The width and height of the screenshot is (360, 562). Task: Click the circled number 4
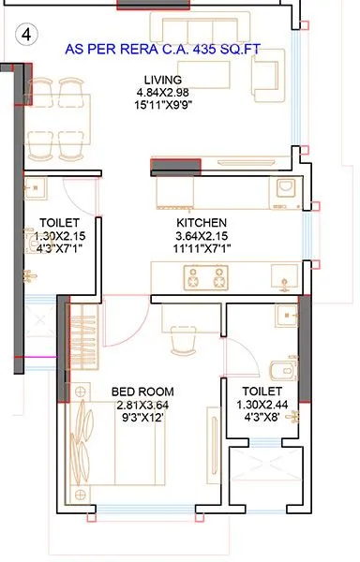[x=25, y=37]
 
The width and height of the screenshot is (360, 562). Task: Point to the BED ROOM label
[x=142, y=390]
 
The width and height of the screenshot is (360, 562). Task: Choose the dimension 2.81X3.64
[x=142, y=404]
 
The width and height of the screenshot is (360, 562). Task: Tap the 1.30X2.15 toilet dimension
[x=58, y=237]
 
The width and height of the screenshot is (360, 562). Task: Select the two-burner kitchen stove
[x=206, y=277]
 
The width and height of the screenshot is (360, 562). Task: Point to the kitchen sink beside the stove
[x=280, y=275]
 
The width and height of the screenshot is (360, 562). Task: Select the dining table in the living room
[x=60, y=114]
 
